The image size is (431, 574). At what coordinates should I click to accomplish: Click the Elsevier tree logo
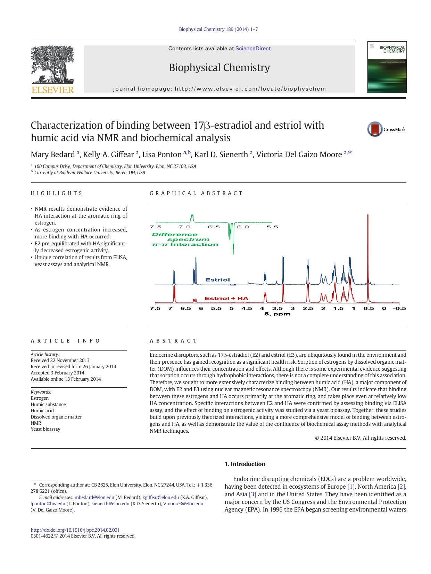[52, 66]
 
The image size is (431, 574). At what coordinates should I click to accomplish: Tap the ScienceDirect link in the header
[253, 49]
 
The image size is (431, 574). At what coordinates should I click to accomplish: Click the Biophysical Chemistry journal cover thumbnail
[387, 67]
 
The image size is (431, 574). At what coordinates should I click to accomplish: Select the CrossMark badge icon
[375, 129]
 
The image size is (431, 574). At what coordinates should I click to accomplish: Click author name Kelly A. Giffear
[108, 154]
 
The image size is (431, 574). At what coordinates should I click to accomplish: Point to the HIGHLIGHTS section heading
[57, 193]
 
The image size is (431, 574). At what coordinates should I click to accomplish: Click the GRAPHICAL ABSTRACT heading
[196, 193]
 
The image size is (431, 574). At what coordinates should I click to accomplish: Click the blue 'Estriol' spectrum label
[217, 280]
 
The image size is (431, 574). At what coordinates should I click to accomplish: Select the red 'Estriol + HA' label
[226, 298]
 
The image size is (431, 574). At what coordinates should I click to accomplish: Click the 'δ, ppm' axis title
[277, 314]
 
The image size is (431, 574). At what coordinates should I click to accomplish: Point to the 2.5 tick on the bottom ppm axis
[308, 308]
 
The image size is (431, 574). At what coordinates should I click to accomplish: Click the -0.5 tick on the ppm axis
[399, 308]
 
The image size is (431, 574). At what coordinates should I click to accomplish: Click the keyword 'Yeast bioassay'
[45, 429]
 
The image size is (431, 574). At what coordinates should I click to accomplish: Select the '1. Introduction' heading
[245, 464]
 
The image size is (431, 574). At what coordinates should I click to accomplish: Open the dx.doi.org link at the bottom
[75, 530]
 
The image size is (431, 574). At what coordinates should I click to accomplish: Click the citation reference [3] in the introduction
[252, 494]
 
